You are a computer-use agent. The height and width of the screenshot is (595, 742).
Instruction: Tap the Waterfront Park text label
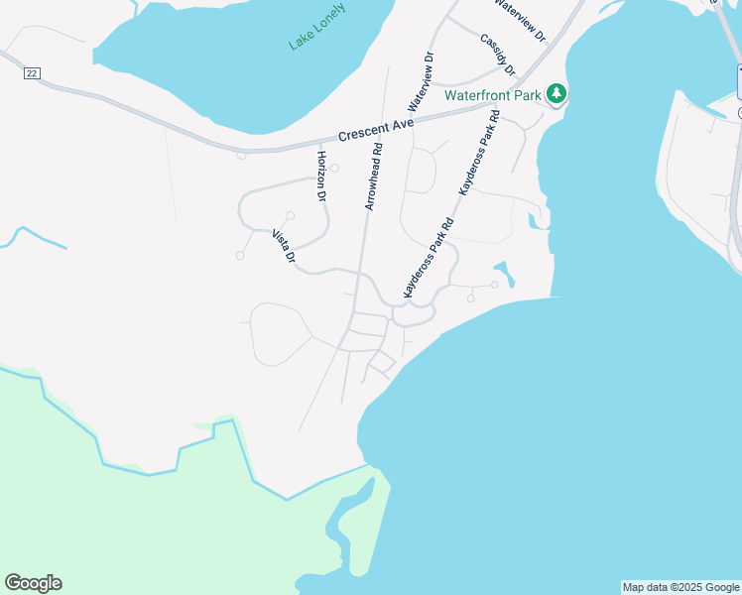tap(493, 95)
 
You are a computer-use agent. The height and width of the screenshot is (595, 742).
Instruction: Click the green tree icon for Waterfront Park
tap(557, 94)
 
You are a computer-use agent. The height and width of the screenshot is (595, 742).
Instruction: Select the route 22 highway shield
tap(33, 73)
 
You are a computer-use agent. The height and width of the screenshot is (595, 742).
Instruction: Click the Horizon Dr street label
tap(321, 177)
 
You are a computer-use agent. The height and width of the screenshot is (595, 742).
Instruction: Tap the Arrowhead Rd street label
tap(373, 178)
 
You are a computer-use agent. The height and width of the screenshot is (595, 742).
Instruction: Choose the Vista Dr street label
tap(284, 246)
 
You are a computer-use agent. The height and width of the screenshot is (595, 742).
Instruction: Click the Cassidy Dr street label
tap(498, 55)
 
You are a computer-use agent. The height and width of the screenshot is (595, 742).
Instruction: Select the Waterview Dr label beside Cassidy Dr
tap(520, 19)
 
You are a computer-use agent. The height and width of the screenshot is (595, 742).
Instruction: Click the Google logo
tap(33, 583)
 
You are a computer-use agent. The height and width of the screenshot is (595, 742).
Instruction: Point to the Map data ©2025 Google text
tap(680, 587)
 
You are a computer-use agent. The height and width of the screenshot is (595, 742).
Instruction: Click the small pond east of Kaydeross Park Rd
tap(504, 273)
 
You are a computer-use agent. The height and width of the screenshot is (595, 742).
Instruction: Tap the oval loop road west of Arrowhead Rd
tap(282, 334)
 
